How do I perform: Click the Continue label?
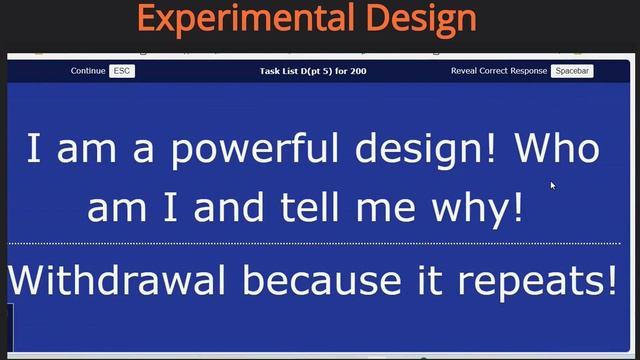tap(88, 71)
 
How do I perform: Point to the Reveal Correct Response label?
tap(499, 71)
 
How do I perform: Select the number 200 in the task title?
tap(358, 71)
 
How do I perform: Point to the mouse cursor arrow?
tap(552, 184)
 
